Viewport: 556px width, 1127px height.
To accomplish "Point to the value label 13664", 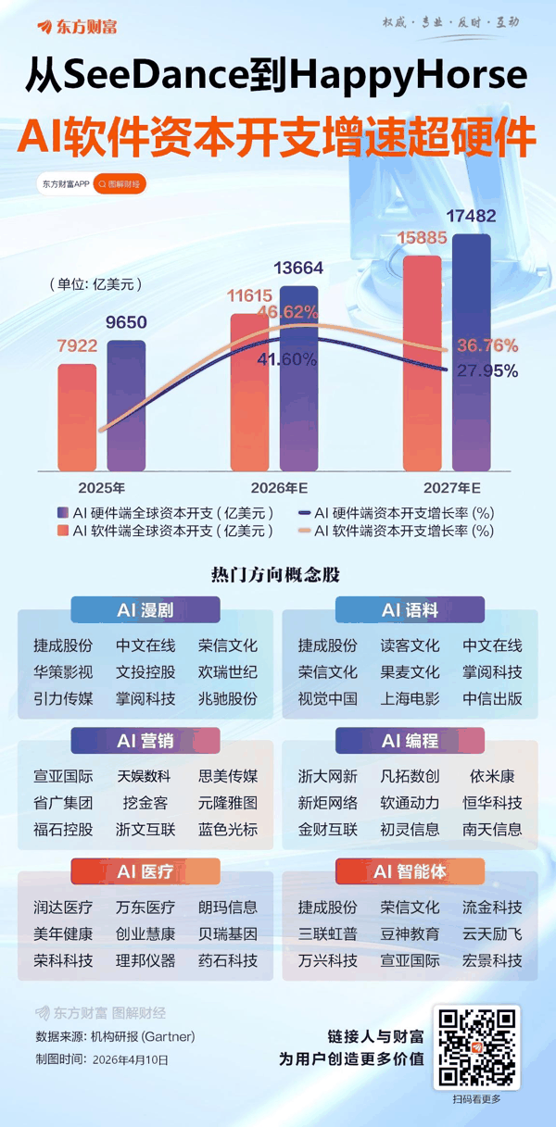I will (298, 269).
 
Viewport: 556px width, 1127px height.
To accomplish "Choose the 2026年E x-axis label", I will (280, 487).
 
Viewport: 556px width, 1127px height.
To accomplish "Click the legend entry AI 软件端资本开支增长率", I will (404, 531).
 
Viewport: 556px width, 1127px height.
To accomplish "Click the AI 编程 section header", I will (410, 741).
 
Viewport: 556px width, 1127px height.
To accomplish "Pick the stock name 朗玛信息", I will (228, 908).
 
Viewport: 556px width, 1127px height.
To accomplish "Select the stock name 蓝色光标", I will (228, 829).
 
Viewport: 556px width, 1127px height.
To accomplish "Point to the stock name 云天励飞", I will (492, 933).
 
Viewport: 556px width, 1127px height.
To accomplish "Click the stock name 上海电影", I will (410, 698).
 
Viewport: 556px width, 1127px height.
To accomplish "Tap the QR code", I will (477, 1046).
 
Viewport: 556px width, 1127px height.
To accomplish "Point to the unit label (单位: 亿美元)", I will (96, 284).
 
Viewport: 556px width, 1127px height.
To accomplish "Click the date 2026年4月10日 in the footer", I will (131, 1058).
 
